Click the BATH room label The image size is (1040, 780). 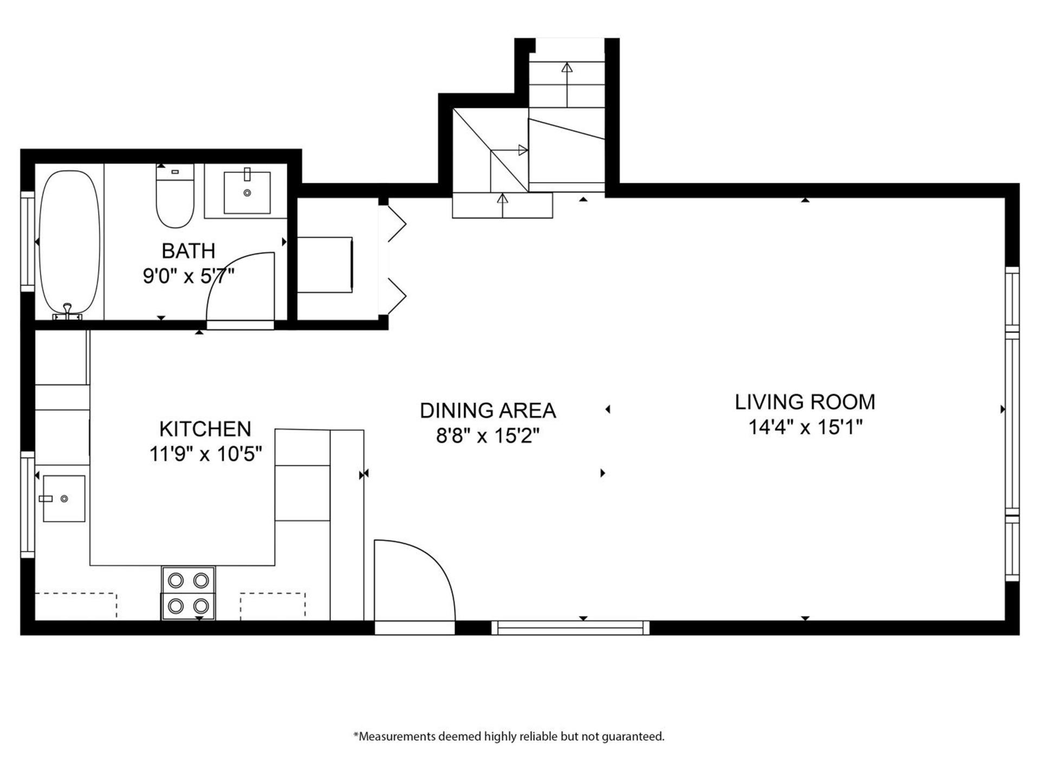tap(188, 251)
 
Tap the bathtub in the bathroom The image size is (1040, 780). tap(70, 242)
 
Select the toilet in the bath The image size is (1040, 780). tap(175, 196)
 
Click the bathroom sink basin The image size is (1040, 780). tap(247, 192)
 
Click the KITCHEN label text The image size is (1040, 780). tap(205, 429)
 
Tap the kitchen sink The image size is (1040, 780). tap(64, 498)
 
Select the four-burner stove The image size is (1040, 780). tap(188, 593)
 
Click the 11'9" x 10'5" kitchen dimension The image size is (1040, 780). tap(206, 454)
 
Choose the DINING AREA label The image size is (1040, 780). tap(488, 411)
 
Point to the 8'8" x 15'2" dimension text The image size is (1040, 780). tap(488, 435)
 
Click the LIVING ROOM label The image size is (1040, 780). tap(805, 402)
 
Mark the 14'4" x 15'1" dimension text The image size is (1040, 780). tap(805, 427)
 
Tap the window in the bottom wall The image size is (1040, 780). tap(570, 627)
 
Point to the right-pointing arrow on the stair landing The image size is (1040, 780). tap(509, 150)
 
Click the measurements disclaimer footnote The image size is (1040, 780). tap(509, 737)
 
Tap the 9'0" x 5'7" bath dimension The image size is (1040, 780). tap(188, 276)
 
